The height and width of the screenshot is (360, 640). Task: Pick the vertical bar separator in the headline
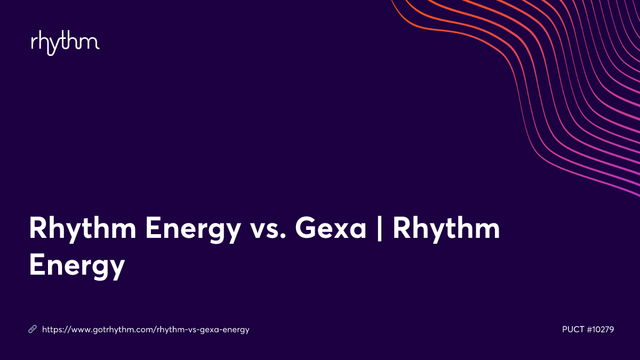(380, 230)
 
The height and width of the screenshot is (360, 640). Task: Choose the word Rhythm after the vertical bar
(446, 230)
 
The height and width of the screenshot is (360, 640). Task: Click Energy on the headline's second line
(77, 265)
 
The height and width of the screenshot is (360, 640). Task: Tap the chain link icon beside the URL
(32, 330)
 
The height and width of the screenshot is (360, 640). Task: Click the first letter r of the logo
(34, 43)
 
